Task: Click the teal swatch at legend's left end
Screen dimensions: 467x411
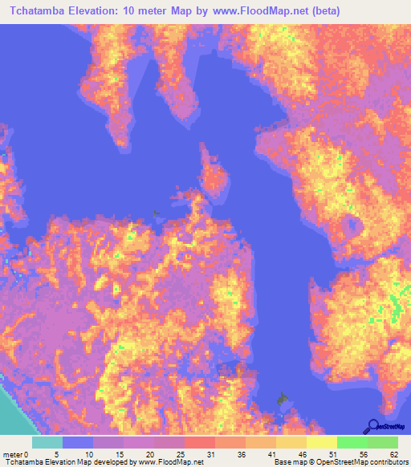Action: [47, 442]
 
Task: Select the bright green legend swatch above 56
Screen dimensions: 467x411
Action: [352, 442]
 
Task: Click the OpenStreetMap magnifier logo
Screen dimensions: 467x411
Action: [372, 425]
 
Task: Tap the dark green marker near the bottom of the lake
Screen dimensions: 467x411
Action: [281, 397]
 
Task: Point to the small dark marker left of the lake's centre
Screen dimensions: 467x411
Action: [156, 213]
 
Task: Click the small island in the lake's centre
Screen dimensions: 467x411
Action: [213, 177]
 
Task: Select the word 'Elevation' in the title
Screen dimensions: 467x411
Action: [107, 11]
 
